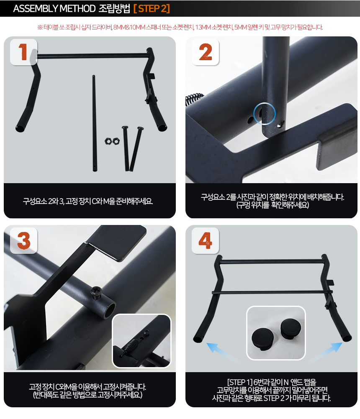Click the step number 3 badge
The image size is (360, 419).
click(23, 240)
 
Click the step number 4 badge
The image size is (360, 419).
click(206, 240)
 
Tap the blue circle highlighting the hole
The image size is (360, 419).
click(264, 113)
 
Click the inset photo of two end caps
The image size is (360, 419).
click(276, 333)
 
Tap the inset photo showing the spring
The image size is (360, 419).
click(141, 341)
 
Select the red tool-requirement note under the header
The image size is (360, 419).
click(180, 28)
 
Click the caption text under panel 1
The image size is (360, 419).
click(88, 201)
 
